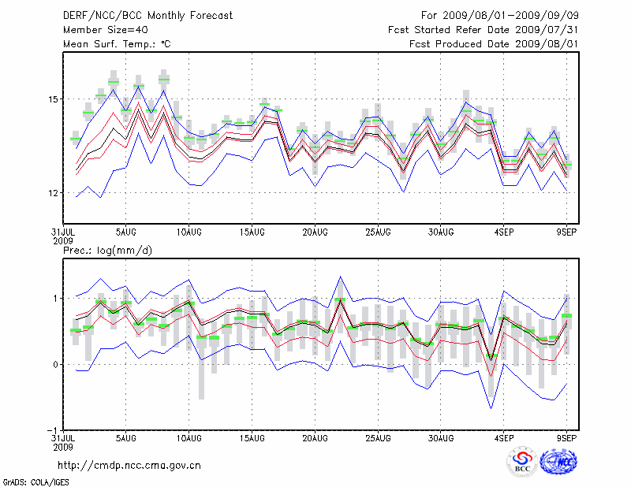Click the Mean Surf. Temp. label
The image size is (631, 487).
(x=117, y=44)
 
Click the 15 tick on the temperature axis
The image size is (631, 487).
(x=54, y=99)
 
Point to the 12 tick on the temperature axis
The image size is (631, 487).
(x=54, y=193)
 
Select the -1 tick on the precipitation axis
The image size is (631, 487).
(x=52, y=430)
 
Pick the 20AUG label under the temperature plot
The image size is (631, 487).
(x=315, y=233)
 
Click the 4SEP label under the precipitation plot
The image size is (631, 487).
(x=504, y=437)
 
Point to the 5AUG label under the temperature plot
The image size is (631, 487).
(x=126, y=233)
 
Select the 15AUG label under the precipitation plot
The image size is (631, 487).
(x=252, y=437)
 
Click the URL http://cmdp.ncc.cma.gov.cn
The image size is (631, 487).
(x=130, y=465)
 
